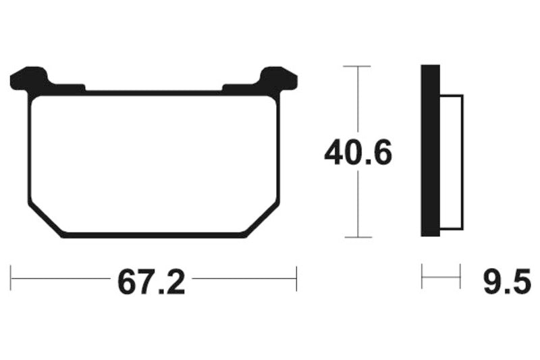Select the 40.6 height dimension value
click(357, 154)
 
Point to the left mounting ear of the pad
click(30, 79)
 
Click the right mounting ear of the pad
click(278, 79)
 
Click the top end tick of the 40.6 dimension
click(357, 66)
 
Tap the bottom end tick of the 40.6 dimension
click(357, 237)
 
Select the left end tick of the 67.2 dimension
click(11, 278)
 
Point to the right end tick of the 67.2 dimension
click(296, 278)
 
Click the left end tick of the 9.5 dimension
click(422, 277)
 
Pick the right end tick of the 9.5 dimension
click(460, 277)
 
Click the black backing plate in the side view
click(430, 150)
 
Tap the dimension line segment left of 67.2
click(61, 278)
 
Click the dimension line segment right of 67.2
click(243, 278)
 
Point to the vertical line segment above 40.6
click(357, 101)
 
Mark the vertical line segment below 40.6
click(357, 206)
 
